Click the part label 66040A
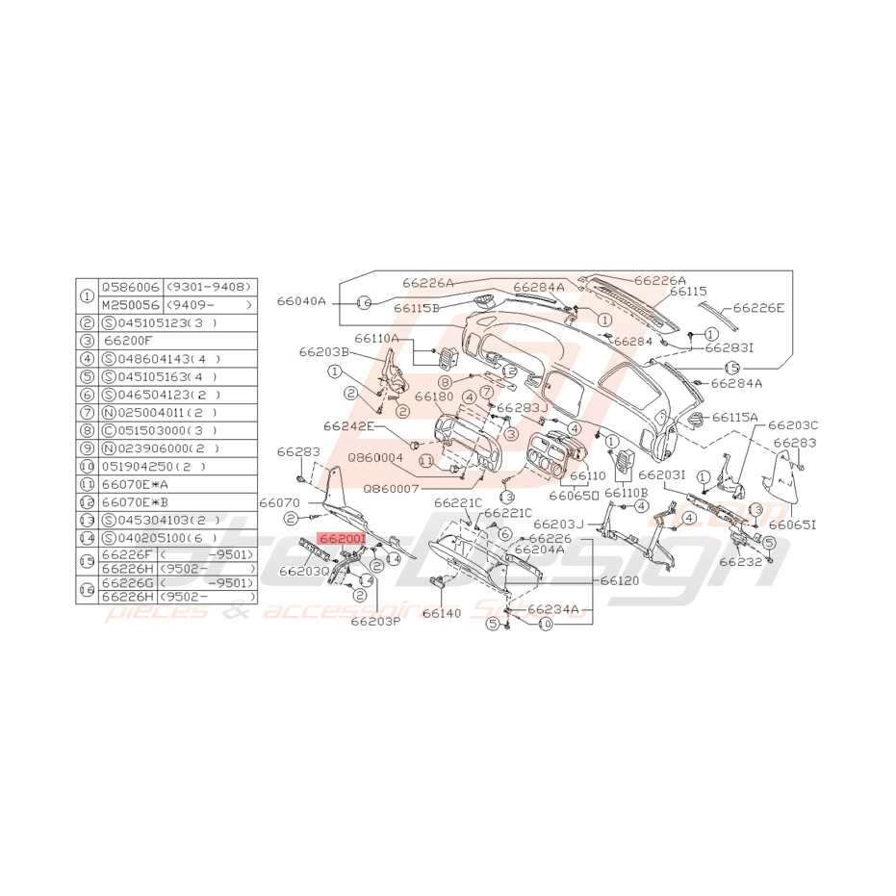pyautogui.click(x=302, y=301)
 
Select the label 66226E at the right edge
pyautogui.click(x=758, y=308)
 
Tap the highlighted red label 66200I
pyautogui.click(x=343, y=541)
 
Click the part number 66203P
pyautogui.click(x=375, y=621)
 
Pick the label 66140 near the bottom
pyautogui.click(x=443, y=613)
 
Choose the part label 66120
pyautogui.click(x=620, y=581)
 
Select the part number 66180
pyautogui.click(x=433, y=396)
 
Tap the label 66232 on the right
pyautogui.click(x=740, y=561)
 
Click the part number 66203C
pyautogui.click(x=793, y=424)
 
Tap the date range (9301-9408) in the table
pyautogui.click(x=209, y=286)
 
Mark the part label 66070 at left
pyautogui.click(x=279, y=502)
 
